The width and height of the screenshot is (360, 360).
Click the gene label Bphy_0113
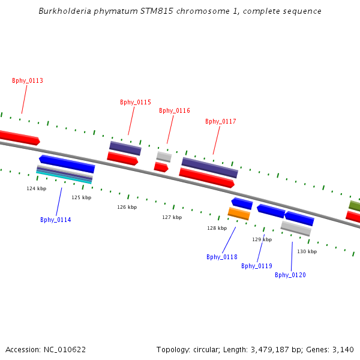tap(28, 80)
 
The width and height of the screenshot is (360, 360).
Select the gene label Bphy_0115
tap(136, 102)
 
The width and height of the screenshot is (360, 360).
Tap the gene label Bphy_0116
tap(175, 110)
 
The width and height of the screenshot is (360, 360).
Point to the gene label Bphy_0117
tap(221, 121)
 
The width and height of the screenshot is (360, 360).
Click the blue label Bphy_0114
tap(56, 220)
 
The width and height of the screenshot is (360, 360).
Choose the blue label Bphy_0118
tap(222, 257)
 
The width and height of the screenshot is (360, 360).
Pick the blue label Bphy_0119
tap(257, 266)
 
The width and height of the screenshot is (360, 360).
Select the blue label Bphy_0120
tap(290, 275)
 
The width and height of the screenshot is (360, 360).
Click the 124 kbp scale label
tap(36, 188)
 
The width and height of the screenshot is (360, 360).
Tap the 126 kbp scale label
tap(127, 207)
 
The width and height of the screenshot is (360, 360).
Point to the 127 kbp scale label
tap(172, 217)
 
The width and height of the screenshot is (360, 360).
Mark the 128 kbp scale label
tap(217, 228)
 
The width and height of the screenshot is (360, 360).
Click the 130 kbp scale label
tap(307, 251)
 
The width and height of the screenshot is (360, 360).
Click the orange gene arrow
tap(239, 214)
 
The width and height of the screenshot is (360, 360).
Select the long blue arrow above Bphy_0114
tap(67, 163)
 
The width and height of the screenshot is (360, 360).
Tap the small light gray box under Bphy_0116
tap(164, 157)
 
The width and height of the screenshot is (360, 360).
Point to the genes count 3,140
tap(343, 349)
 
